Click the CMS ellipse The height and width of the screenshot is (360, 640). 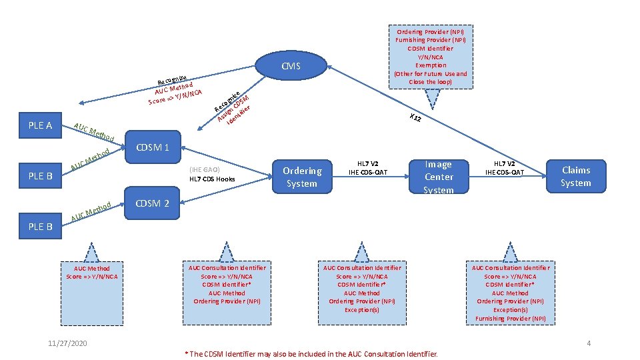coord(291,66)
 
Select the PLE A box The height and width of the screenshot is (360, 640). coord(41,125)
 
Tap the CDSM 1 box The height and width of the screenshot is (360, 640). coord(153,147)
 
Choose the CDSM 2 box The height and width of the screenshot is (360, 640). coord(153,203)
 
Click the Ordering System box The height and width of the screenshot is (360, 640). coord(301,177)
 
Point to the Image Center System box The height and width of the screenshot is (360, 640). coord(439,177)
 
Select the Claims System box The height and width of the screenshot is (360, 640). coord(575,177)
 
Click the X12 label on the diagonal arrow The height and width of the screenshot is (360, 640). coord(415,119)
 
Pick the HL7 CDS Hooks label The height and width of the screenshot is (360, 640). coord(212,179)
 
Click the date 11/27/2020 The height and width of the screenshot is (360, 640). coord(67,343)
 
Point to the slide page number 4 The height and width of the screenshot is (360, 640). coord(589,343)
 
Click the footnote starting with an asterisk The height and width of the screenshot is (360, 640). coord(311,353)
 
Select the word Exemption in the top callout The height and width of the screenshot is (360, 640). coord(430,65)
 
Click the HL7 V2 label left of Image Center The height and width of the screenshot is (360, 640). coord(367,163)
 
